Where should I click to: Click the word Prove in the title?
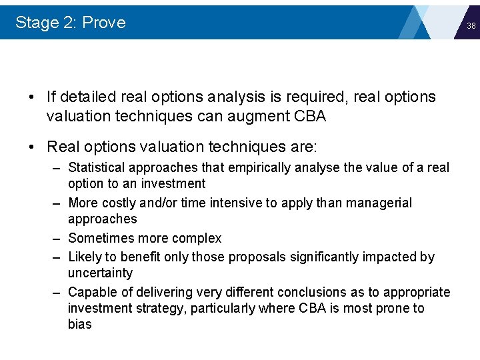point(103,23)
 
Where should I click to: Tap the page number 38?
point(471,26)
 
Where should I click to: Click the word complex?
point(199,238)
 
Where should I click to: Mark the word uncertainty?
point(100,273)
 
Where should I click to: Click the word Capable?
point(90,292)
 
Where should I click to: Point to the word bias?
point(79,325)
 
